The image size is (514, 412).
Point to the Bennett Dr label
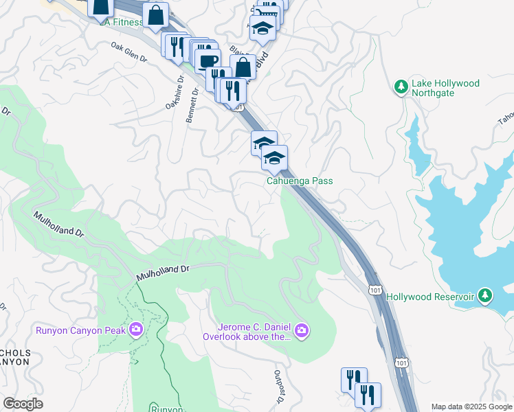coord(192,105)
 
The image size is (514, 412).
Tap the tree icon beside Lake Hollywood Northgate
coord(401,87)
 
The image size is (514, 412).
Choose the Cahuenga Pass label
coord(300,181)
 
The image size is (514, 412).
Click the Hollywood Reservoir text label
coord(430,297)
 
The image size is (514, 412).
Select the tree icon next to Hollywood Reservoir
coord(486,296)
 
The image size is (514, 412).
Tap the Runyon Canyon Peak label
coord(80,331)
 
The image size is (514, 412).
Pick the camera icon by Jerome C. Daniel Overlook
coord(302,332)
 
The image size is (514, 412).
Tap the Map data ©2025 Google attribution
coord(471,407)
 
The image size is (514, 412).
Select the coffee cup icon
coord(208,60)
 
